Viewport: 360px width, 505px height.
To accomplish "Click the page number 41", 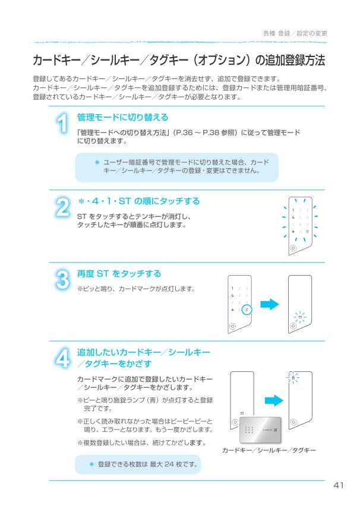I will [x=339, y=486].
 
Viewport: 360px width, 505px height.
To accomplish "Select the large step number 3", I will [x=62, y=281].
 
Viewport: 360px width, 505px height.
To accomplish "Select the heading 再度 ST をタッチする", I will [x=119, y=273].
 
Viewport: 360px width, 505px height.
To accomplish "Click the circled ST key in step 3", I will [x=247, y=310].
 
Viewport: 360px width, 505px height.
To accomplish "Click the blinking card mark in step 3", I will [x=300, y=317].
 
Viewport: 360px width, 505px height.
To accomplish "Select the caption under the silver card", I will [x=269, y=451].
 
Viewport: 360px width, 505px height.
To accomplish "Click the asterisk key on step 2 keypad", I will [x=292, y=231].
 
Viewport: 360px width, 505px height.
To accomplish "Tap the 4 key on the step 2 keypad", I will [x=292, y=217].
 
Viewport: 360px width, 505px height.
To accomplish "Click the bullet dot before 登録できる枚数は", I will [x=91, y=463].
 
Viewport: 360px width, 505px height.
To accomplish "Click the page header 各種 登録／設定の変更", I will [x=295, y=33].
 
